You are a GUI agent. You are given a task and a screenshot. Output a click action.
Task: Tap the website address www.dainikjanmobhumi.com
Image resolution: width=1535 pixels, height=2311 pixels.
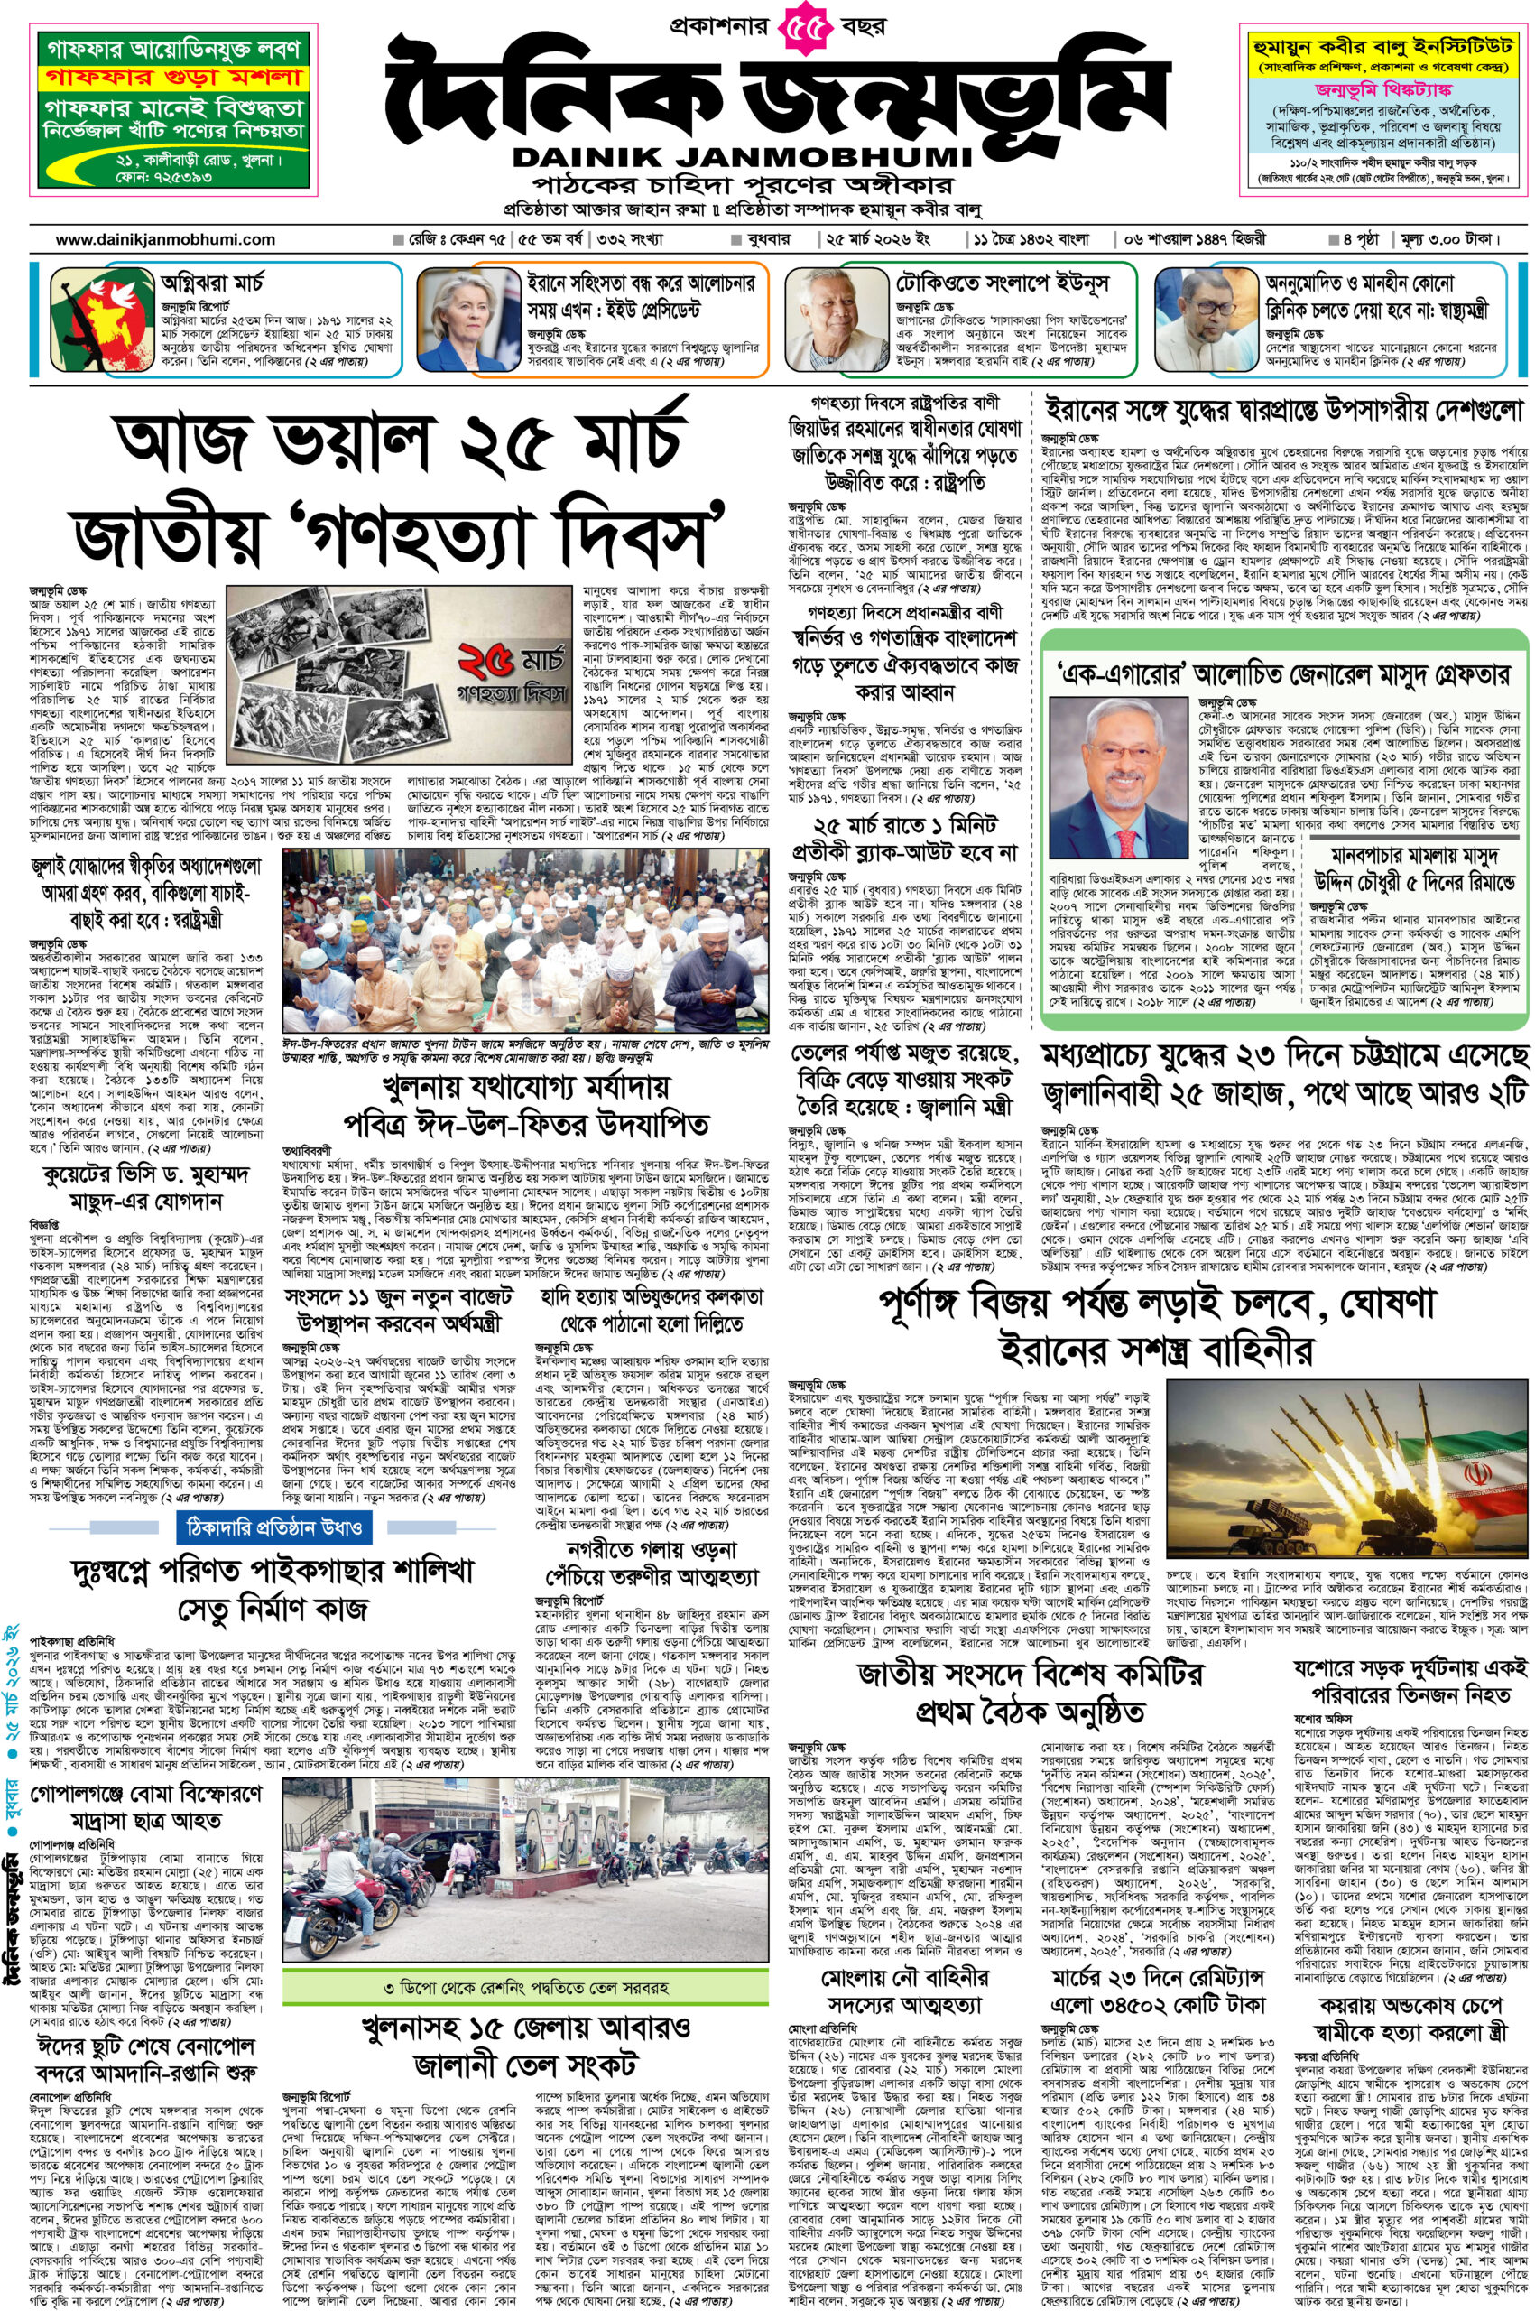pos(165,239)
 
